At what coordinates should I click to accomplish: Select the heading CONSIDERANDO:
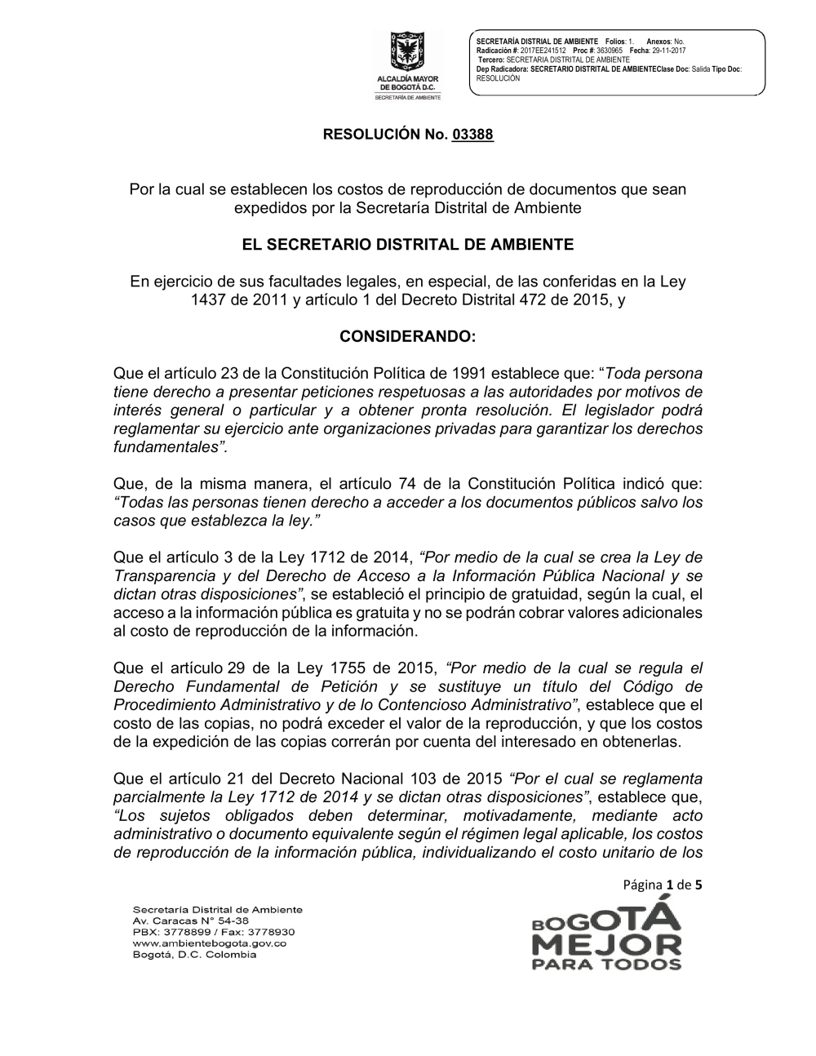coord(407,336)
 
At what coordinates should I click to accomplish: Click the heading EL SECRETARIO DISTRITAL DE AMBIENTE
coord(407,244)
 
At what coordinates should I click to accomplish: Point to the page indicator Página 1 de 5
coord(663,884)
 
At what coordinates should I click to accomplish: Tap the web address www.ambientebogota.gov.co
coord(209,943)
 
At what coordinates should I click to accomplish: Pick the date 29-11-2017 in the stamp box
coord(669,51)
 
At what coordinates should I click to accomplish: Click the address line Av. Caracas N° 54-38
coord(184,920)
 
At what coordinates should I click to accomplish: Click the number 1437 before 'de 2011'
coord(207,299)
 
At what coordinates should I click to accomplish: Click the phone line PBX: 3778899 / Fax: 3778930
coord(213,931)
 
